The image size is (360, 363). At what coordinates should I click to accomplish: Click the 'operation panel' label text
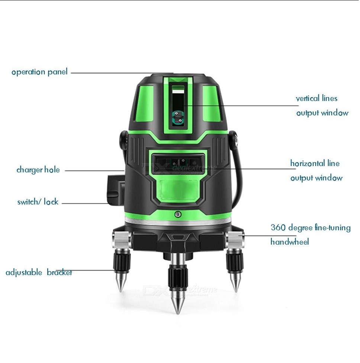(39, 72)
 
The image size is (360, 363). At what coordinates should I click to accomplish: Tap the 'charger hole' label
(38, 170)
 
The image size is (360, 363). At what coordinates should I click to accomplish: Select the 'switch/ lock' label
(38, 202)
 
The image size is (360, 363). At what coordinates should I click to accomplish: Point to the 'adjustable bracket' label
(39, 272)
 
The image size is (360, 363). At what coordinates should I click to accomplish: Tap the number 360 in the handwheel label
(278, 227)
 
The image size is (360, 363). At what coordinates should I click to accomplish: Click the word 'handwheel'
(289, 242)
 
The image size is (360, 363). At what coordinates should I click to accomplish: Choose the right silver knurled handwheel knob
(235, 239)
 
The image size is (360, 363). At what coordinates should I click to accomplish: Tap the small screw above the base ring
(178, 214)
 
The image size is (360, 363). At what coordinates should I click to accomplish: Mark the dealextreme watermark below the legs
(180, 289)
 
